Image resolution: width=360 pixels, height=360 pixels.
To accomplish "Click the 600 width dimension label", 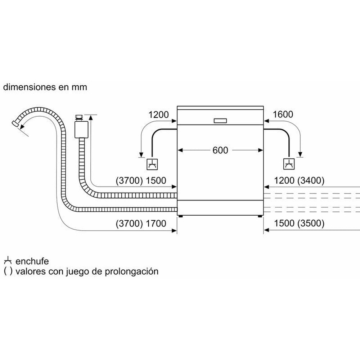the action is coord(220,150).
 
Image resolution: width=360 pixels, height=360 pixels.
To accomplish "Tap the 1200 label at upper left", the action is coord(158,114).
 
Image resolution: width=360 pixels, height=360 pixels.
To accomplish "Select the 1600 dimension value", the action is coord(283,114).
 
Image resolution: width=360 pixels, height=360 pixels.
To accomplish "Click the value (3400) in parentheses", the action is coord(311,181).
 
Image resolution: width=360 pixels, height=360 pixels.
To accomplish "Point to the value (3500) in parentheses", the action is coord(311,224).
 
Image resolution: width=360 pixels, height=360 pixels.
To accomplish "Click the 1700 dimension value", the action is coord(156,224).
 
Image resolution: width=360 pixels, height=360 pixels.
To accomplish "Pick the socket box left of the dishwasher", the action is coord(152,164).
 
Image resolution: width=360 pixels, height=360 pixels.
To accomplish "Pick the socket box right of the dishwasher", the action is coord(289,164).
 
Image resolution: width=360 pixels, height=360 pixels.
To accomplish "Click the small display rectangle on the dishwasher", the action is coord(220,121).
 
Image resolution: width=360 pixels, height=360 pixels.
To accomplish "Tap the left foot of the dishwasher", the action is coord(180,216).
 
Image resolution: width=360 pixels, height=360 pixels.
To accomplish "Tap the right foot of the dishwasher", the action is coord(260,216).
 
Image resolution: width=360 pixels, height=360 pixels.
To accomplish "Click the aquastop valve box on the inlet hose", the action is coord(81,130).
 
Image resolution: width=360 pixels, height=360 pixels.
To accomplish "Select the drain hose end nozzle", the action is coord(15,123).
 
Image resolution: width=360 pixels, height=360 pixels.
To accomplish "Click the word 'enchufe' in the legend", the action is coord(32,261).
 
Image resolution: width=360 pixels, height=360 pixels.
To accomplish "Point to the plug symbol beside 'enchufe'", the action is coord(8,261).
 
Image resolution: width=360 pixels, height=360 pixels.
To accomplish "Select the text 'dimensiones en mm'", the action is coord(45,87).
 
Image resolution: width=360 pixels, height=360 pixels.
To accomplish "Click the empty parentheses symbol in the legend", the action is coord(8,271).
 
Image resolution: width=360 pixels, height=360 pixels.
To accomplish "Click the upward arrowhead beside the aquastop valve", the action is coord(90,117).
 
